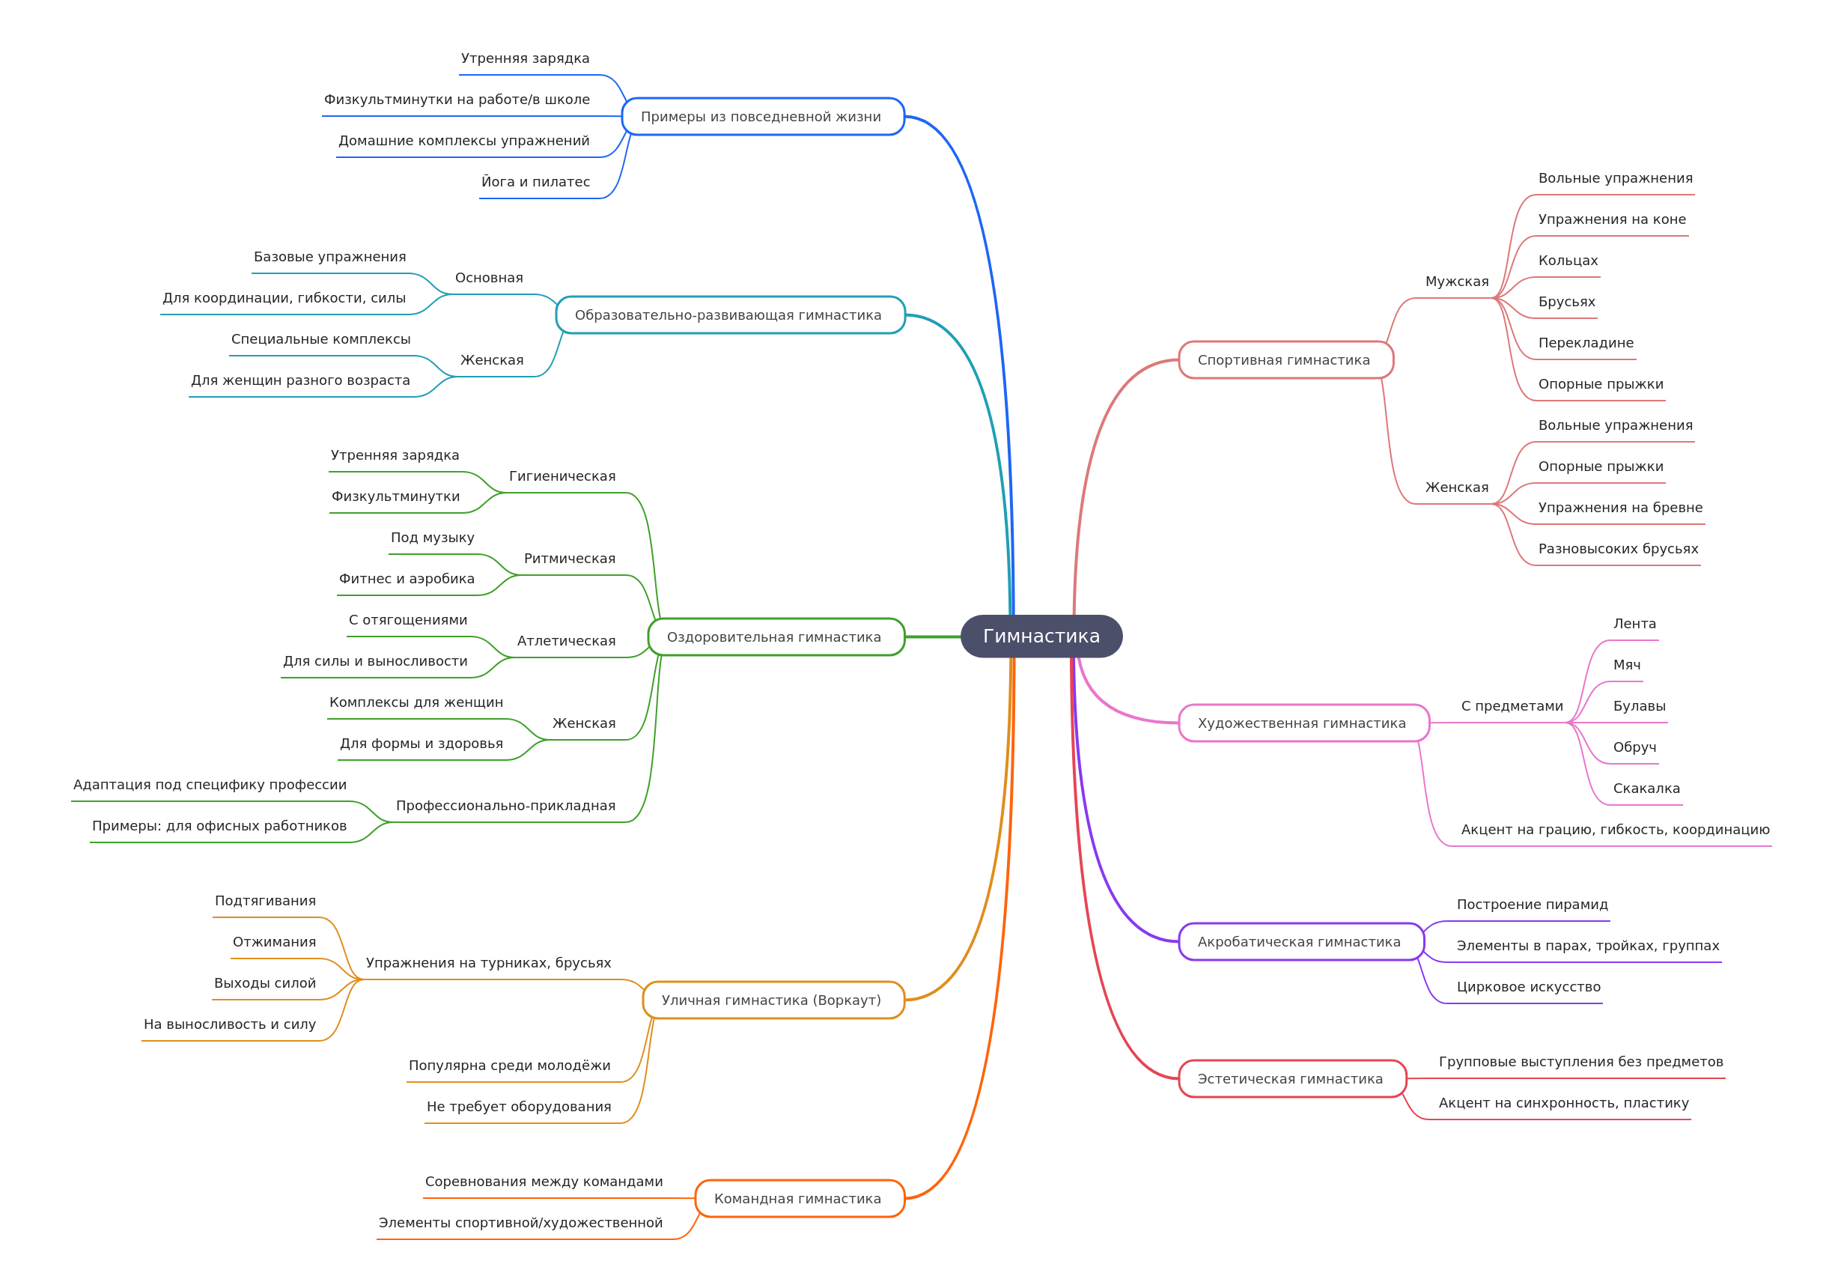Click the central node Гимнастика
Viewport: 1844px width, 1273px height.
tap(1041, 636)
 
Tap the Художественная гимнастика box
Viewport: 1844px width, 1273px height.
tap(1303, 723)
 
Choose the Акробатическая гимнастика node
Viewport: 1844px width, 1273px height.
tap(1300, 941)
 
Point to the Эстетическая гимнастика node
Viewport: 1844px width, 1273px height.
tap(1291, 1078)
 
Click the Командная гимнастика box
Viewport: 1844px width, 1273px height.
tap(798, 1198)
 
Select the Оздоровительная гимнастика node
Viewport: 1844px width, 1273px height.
tap(774, 636)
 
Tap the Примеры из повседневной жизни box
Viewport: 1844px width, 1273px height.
tap(761, 117)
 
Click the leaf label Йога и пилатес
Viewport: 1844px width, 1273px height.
tap(536, 182)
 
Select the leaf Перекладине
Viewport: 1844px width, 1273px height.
tap(1586, 343)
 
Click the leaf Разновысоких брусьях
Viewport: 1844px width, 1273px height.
tap(1618, 549)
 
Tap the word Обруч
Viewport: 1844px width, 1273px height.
tap(1634, 747)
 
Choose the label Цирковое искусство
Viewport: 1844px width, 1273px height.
tap(1528, 987)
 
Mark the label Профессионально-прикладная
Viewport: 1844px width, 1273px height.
tap(505, 806)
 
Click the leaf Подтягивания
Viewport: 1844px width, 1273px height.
tap(266, 901)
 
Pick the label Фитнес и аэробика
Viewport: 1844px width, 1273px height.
tap(407, 578)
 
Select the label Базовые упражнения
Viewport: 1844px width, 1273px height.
tap(330, 257)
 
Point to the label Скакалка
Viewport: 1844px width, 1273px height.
tap(1646, 788)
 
